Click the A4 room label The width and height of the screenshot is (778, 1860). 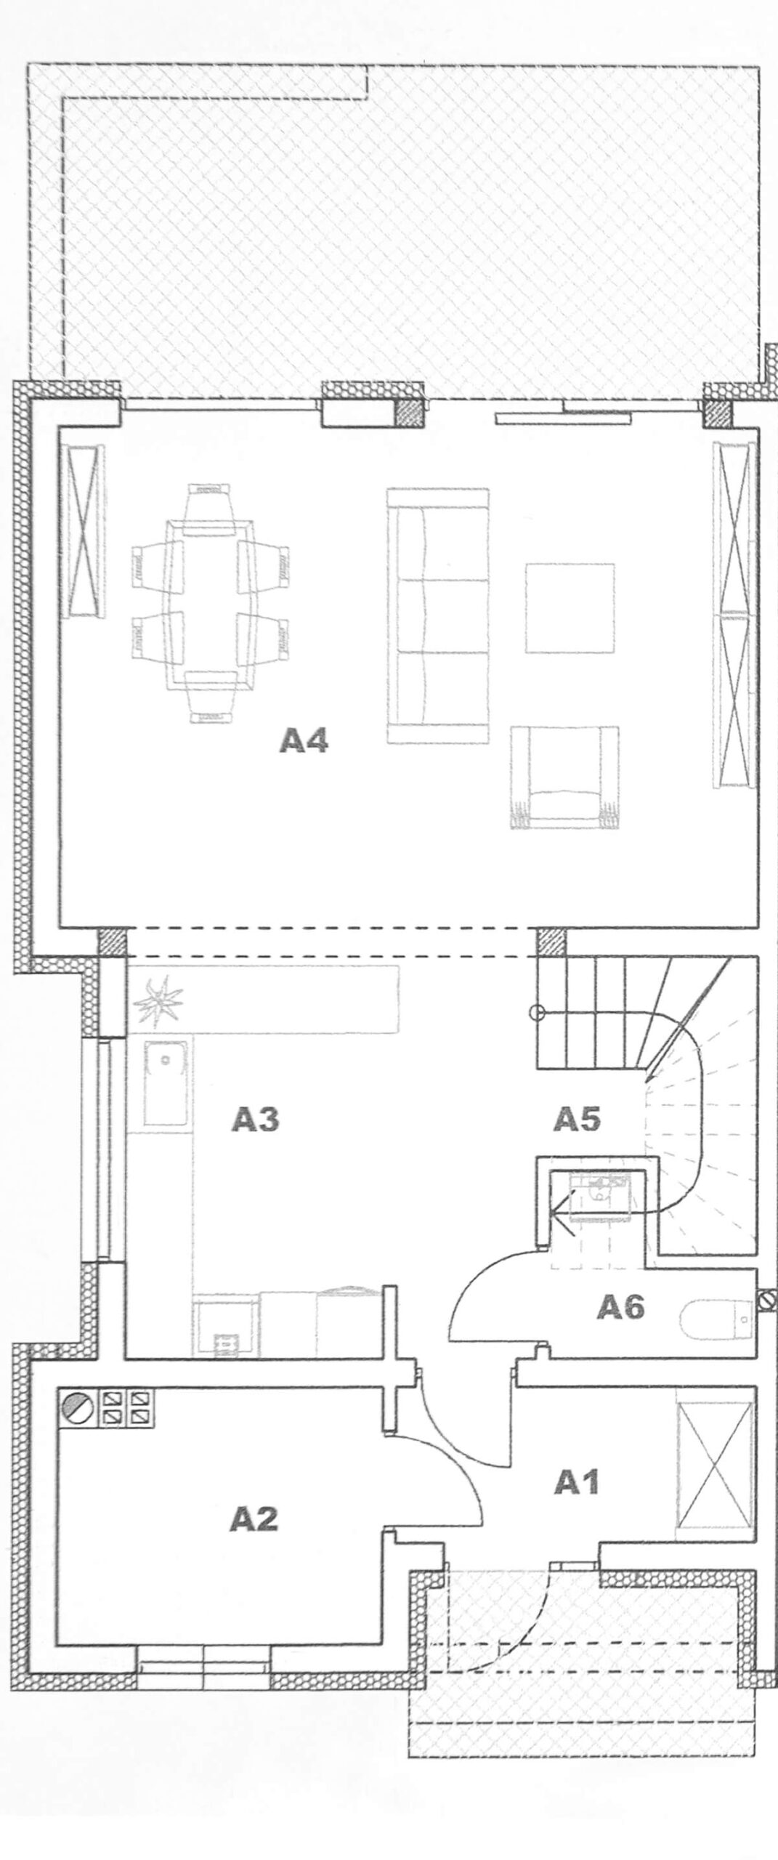click(304, 742)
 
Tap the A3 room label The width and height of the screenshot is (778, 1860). click(256, 1120)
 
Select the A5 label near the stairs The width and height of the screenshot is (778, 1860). click(578, 1119)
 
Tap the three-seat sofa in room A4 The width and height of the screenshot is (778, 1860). click(437, 615)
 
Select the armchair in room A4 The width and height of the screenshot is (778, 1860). click(564, 777)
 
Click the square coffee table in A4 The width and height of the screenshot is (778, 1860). click(570, 608)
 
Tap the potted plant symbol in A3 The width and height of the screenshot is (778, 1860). click(156, 1001)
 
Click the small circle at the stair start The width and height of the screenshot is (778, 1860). click(536, 1011)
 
